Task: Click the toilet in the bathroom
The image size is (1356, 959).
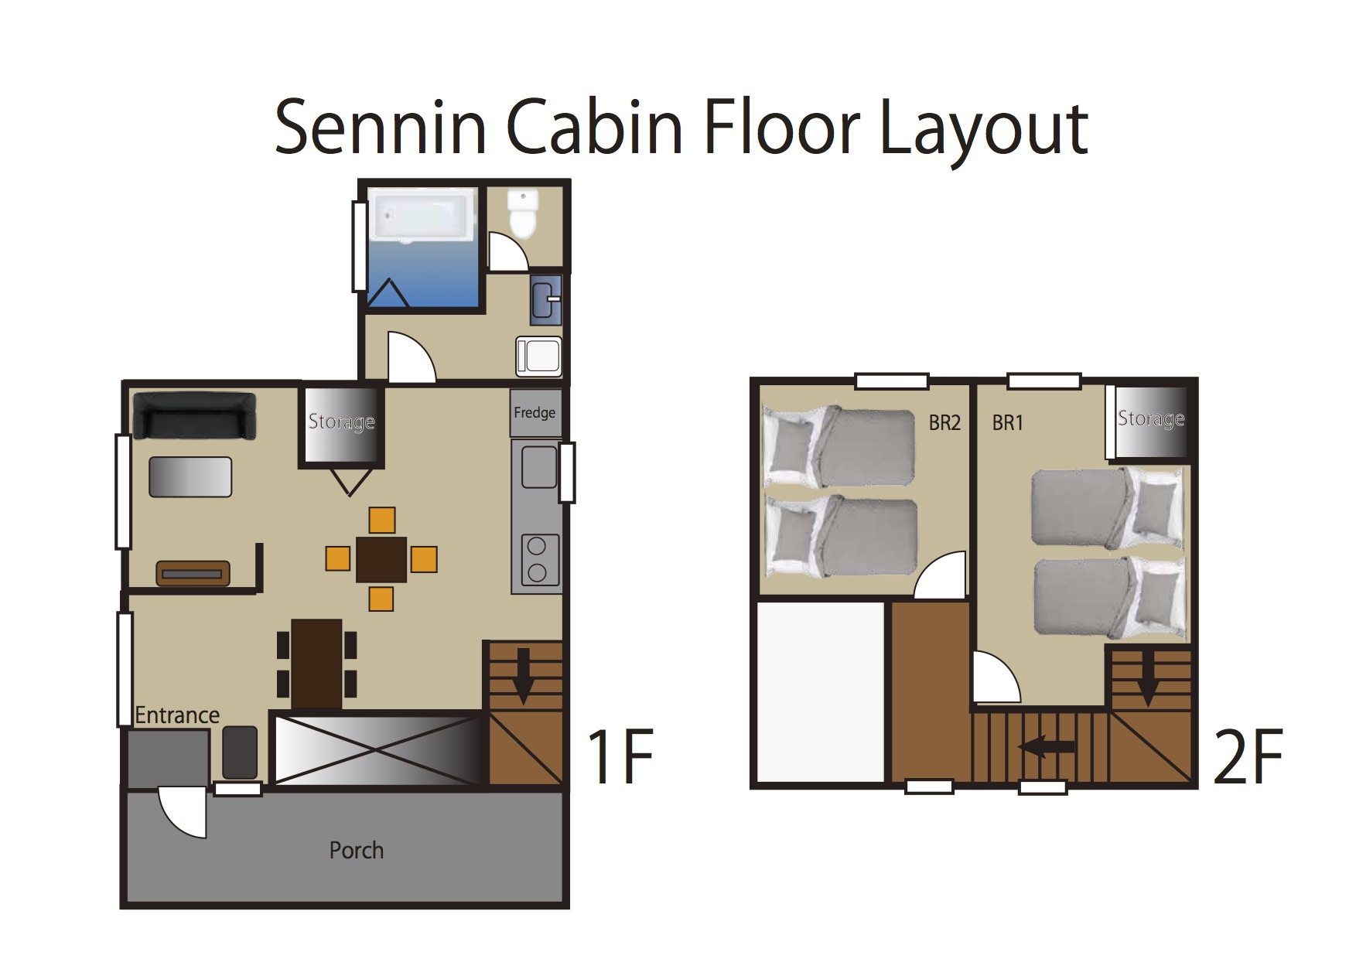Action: [523, 213]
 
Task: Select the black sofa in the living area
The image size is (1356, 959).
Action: [195, 416]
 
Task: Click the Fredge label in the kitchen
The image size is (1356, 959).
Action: [535, 412]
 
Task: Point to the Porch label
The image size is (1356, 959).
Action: [357, 851]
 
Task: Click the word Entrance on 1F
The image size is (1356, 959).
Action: [177, 715]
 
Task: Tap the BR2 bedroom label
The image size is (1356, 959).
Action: [944, 423]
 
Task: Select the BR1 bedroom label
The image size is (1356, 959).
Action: [1008, 423]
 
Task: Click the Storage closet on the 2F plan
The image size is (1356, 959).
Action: [1150, 421]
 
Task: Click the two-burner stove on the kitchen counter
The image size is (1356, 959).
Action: [537, 558]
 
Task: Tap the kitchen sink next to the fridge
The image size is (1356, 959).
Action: [539, 467]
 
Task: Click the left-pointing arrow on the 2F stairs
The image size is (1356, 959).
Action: [1047, 746]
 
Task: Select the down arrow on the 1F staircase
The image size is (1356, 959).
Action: [524, 676]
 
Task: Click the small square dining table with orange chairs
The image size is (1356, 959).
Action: [381, 559]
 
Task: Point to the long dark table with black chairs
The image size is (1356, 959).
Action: [317, 664]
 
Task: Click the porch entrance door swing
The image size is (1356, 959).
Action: [183, 812]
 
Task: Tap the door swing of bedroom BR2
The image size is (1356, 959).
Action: [940, 575]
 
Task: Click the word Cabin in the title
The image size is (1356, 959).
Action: [594, 128]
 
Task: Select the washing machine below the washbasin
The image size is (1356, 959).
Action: [538, 357]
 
